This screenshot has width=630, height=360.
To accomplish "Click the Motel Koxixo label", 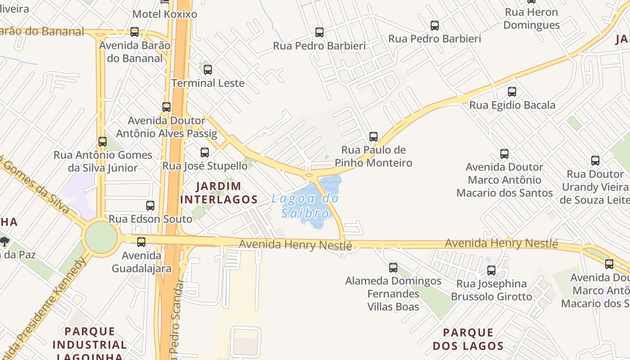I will (x=165, y=14).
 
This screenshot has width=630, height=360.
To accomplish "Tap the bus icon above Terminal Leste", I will (x=207, y=70).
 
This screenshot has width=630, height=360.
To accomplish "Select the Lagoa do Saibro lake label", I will (x=305, y=206).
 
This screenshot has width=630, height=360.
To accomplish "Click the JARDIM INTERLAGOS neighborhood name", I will (x=219, y=193).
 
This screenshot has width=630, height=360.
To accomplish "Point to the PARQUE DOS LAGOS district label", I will (x=468, y=339).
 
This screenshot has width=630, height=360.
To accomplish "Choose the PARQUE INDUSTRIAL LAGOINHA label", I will (x=90, y=345).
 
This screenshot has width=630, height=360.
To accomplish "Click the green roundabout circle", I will (x=101, y=237).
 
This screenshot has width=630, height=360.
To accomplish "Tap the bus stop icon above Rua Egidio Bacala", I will (x=512, y=92).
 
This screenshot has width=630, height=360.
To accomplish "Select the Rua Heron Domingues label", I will (x=531, y=18).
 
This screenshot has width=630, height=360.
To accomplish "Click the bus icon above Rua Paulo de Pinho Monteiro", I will (x=373, y=136).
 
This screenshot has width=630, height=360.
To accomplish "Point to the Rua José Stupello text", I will (x=205, y=166).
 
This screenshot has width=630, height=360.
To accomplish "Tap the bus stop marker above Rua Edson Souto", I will (x=150, y=206).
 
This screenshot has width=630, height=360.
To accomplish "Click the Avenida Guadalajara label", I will (x=141, y=262).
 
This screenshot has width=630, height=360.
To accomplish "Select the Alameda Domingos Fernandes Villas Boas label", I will (x=393, y=294).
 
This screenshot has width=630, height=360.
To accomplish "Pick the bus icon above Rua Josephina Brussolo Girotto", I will (x=491, y=270).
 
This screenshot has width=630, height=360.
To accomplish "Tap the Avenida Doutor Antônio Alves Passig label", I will (x=166, y=127).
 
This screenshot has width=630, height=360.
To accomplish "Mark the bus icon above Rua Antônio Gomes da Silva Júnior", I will (x=103, y=142).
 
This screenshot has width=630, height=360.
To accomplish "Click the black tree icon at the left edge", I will (x=4, y=242).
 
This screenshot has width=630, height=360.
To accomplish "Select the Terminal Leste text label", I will (x=208, y=83).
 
